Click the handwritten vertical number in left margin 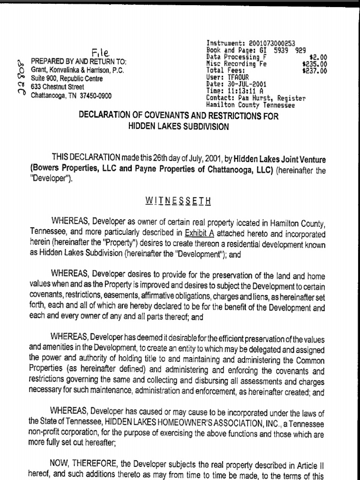tap(21, 77)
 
